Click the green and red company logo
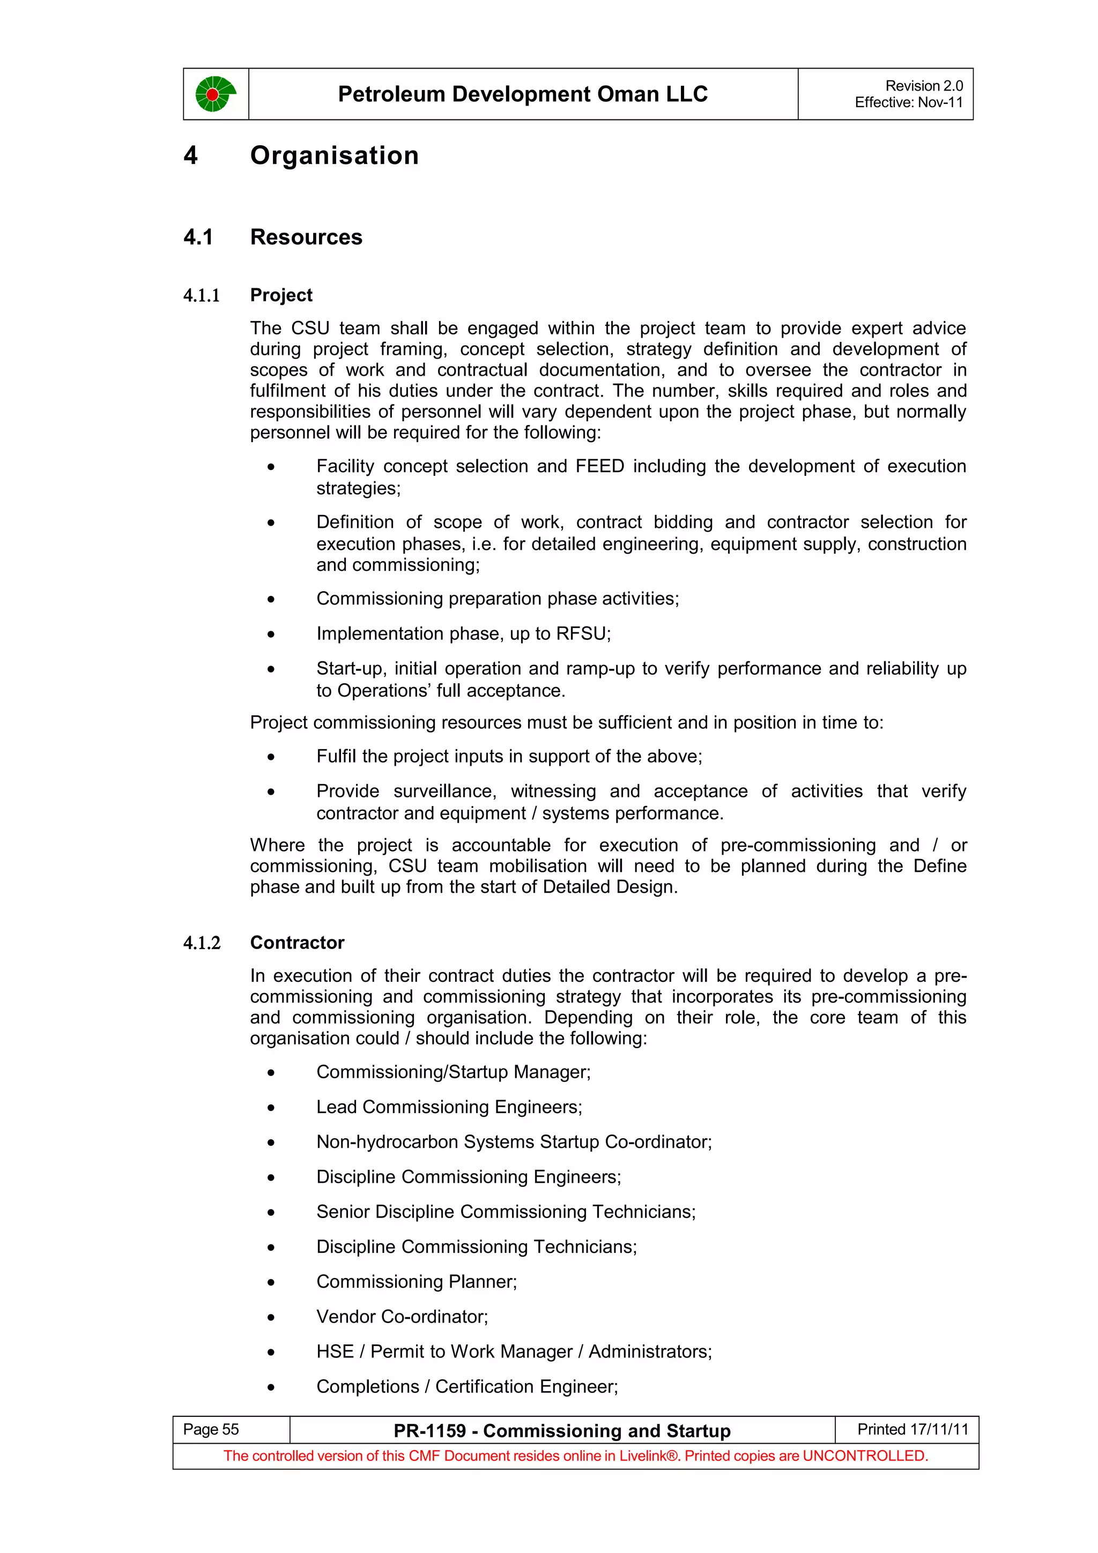tap(215, 94)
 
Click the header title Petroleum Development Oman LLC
tap(522, 94)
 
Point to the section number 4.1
tap(198, 237)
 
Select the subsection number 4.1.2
tap(202, 943)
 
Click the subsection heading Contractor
tap(297, 943)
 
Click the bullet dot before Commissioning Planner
tap(271, 1282)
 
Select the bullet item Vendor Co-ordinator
tap(402, 1317)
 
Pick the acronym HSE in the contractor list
tap(335, 1352)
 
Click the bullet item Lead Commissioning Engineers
tap(449, 1107)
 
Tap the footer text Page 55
tap(211, 1429)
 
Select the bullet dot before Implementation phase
tap(271, 634)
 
